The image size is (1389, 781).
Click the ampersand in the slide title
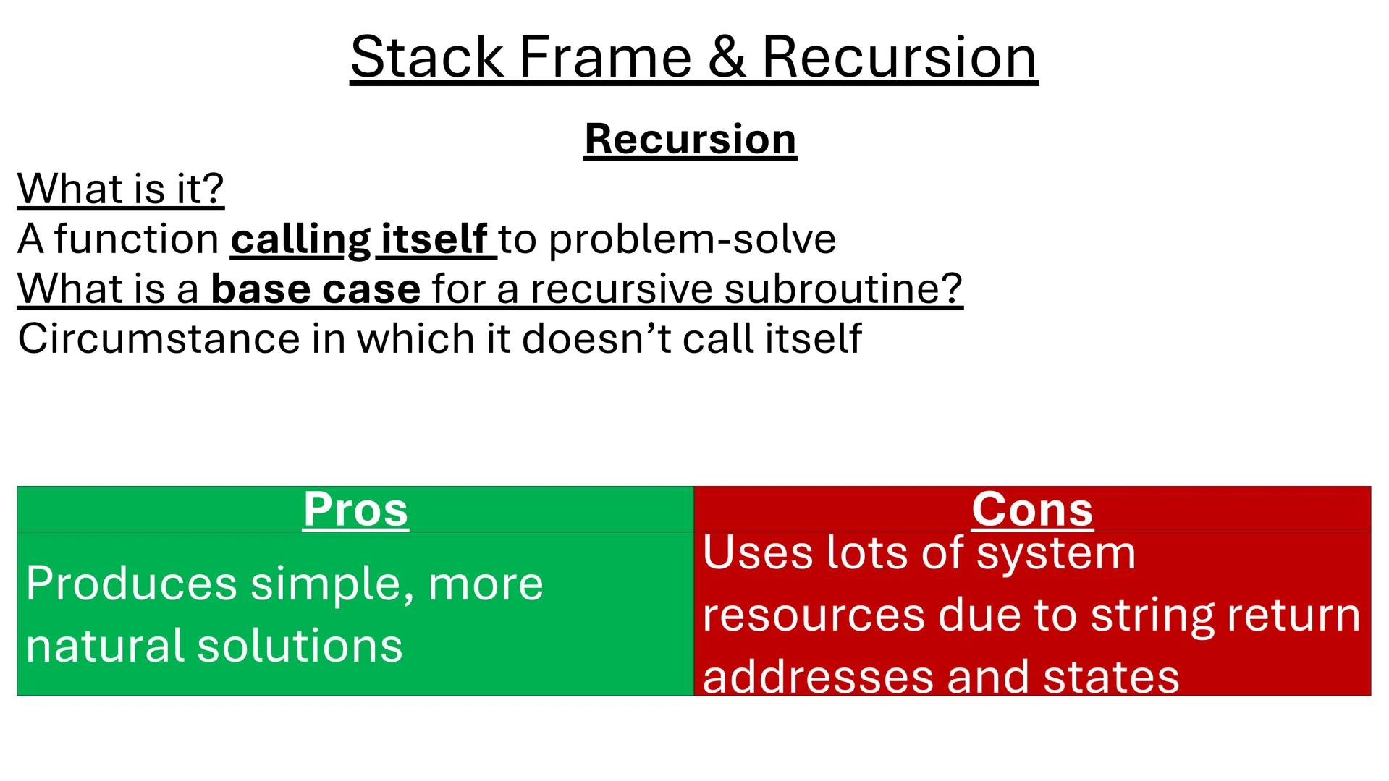[727, 58]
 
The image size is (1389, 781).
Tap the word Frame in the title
[606, 58]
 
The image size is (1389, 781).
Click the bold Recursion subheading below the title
[691, 139]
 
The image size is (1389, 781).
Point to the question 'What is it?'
[121, 189]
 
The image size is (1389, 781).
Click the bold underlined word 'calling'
[300, 239]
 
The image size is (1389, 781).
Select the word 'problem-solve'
[693, 239]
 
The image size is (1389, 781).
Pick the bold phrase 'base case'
[316, 289]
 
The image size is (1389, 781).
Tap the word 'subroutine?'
[843, 289]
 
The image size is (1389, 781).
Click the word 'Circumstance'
[159, 338]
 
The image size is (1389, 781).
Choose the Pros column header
[355, 509]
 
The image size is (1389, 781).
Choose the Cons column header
[1032, 509]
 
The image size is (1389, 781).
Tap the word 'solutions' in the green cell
[300, 646]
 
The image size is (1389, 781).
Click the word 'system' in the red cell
[1056, 554]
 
